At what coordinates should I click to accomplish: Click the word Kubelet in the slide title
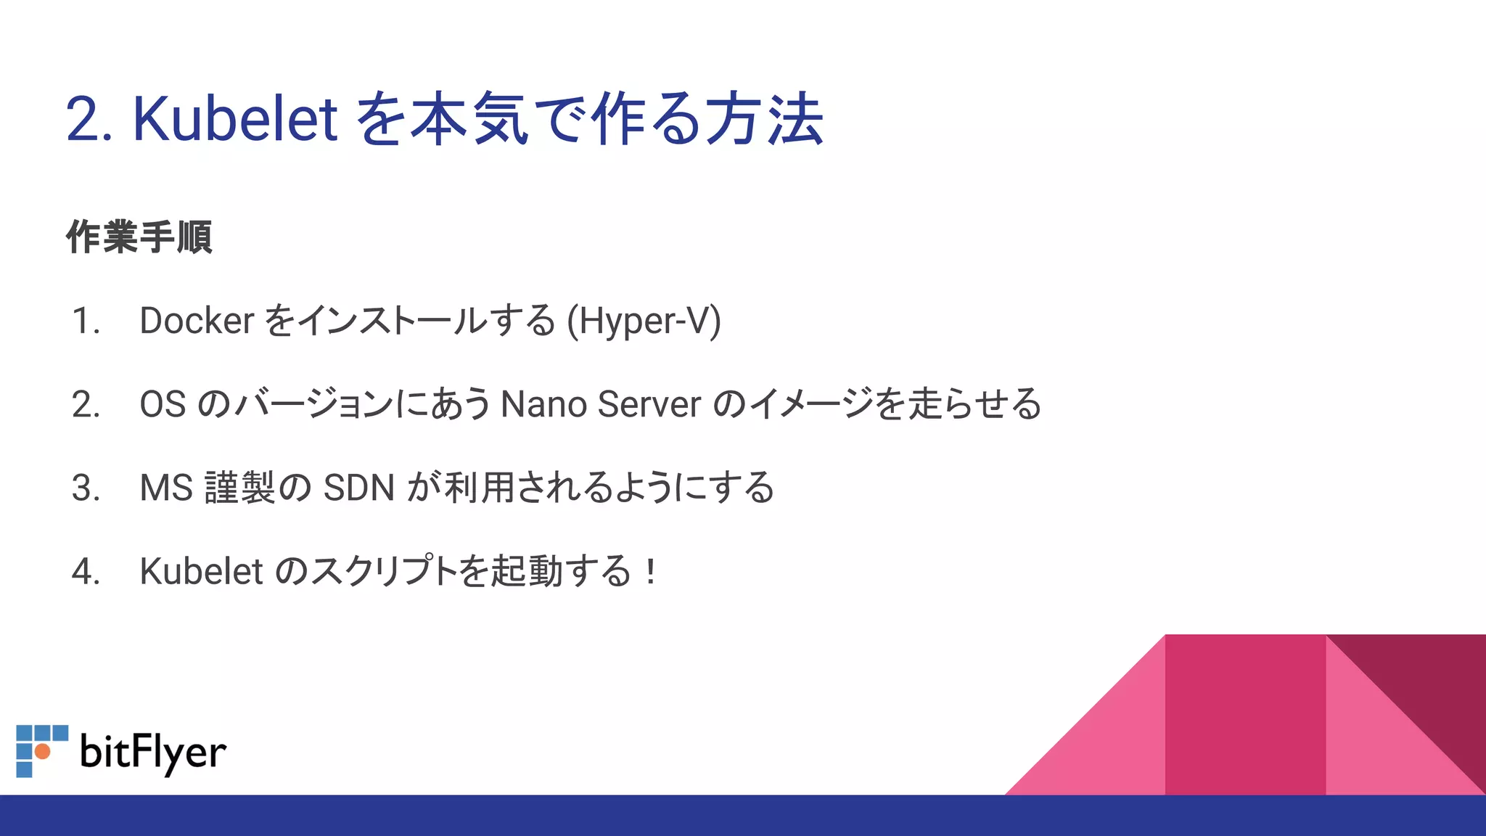(x=234, y=119)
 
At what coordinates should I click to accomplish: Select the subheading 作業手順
(x=139, y=237)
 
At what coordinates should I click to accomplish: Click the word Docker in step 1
(x=197, y=321)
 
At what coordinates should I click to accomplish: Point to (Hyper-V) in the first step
(x=644, y=321)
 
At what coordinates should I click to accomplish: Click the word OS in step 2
(x=163, y=404)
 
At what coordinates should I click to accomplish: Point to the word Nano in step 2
(x=543, y=404)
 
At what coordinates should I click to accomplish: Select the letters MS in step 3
(x=166, y=488)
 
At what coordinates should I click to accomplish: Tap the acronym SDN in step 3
(x=358, y=488)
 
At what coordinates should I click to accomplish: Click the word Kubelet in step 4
(x=201, y=571)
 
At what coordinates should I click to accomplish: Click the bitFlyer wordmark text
(x=153, y=753)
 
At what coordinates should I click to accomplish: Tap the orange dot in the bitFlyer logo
(x=43, y=751)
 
